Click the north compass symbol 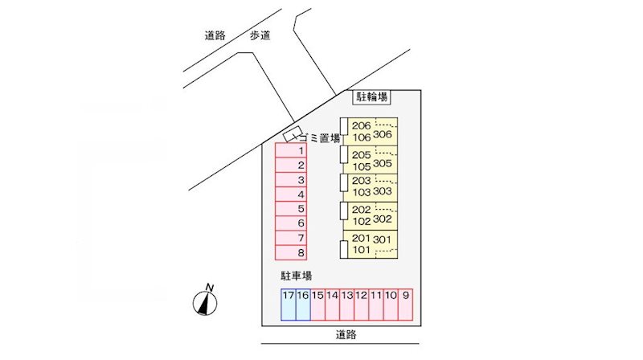[x=205, y=301]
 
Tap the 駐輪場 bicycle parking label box [x=371, y=97]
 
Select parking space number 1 [x=291, y=150]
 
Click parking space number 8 [x=291, y=252]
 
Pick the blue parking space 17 [x=289, y=305]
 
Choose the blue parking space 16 [x=303, y=305]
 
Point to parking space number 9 [x=405, y=305]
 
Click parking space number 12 [x=361, y=305]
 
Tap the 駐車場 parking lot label [x=296, y=276]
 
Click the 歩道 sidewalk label [x=260, y=35]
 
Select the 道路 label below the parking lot [x=346, y=334]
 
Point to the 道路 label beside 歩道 [x=215, y=35]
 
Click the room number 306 [x=383, y=134]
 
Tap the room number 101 [x=361, y=250]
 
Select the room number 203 [x=361, y=181]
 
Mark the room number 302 [x=383, y=219]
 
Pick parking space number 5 [x=291, y=209]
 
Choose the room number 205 [x=361, y=155]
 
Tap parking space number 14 [x=332, y=305]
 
